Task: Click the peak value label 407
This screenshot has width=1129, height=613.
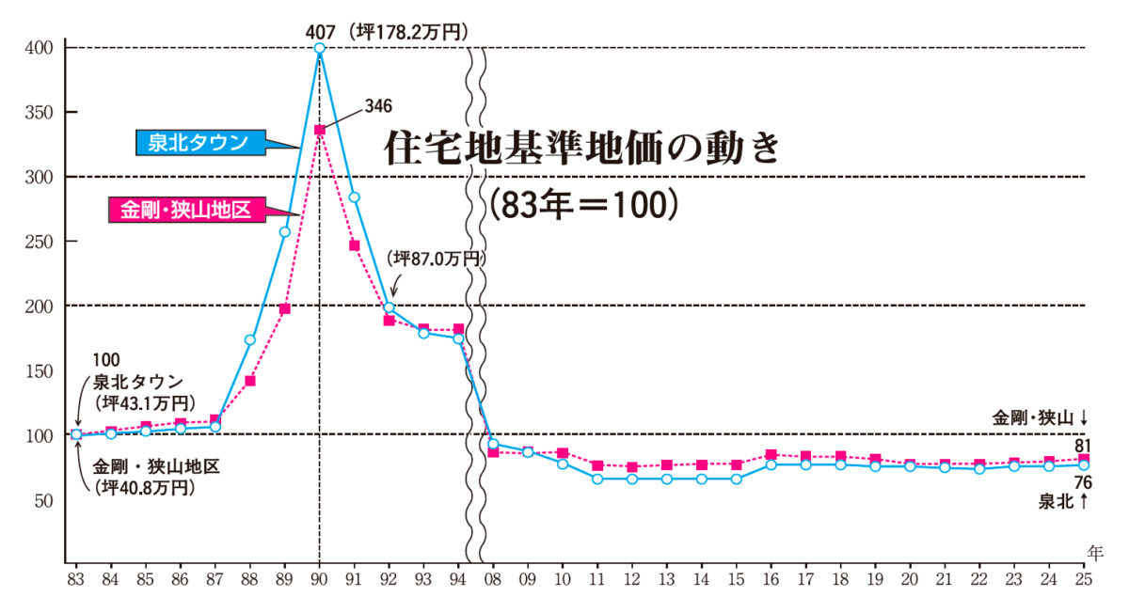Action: pyautogui.click(x=321, y=32)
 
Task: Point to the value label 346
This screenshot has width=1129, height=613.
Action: pyautogui.click(x=375, y=105)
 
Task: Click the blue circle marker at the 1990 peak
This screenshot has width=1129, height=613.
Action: pyautogui.click(x=319, y=48)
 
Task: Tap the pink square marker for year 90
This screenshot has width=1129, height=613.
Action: pyautogui.click(x=319, y=130)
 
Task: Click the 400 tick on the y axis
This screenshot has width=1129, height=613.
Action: pyautogui.click(x=43, y=48)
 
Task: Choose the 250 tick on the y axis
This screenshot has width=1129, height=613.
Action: pyautogui.click(x=43, y=242)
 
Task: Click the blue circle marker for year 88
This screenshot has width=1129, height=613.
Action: pyautogui.click(x=250, y=339)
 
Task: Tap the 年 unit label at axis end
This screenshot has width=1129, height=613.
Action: pyautogui.click(x=1095, y=550)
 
